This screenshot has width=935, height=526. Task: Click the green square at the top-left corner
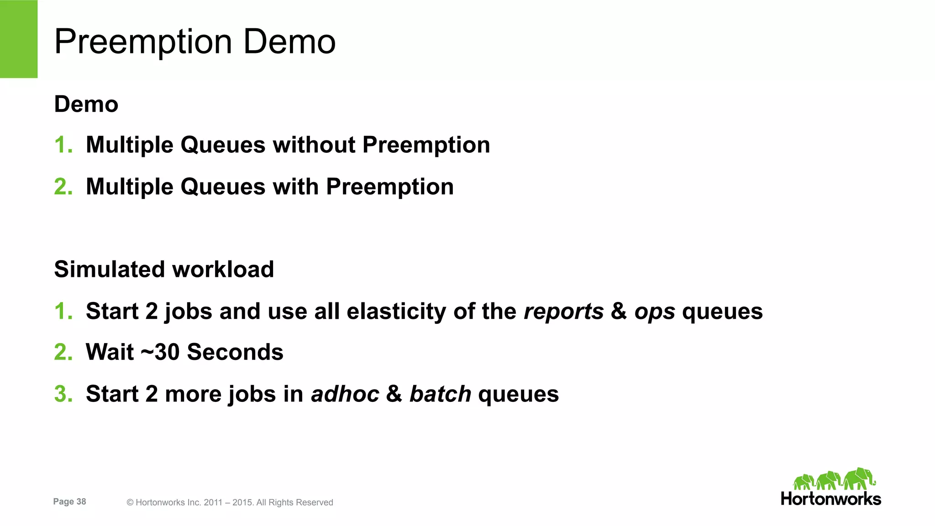pos(19,39)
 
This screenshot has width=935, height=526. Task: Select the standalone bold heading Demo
pos(86,104)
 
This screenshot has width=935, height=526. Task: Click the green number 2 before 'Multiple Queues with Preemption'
pos(63,187)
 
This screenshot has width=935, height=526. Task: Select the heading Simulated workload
pos(164,269)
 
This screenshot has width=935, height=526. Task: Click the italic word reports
pos(563,312)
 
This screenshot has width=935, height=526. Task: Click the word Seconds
pos(235,352)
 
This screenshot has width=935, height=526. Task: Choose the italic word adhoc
pos(345,394)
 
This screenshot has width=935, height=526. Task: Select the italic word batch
pos(440,394)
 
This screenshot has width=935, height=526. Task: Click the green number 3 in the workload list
pos(63,394)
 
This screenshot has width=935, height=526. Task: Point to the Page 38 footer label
pos(69,501)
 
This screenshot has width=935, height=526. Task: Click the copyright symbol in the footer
pos(130,503)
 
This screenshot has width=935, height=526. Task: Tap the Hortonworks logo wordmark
pos(831,499)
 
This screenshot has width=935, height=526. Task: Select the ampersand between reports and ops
pos(619,312)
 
